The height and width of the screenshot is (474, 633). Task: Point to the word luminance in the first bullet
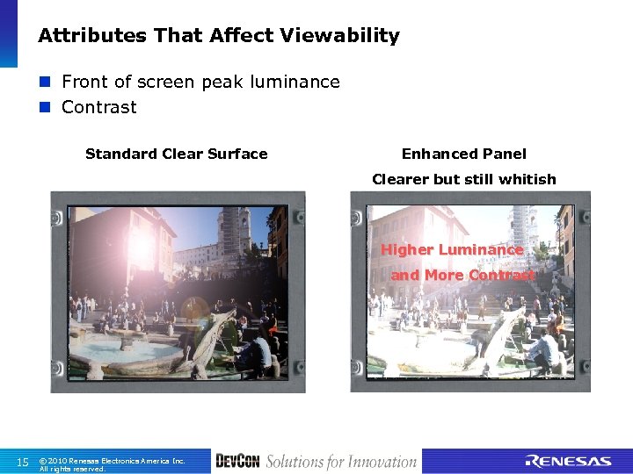tap(295, 82)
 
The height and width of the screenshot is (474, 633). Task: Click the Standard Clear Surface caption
tap(176, 154)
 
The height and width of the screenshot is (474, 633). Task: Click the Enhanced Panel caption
tap(463, 154)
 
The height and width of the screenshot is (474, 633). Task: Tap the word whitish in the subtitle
tap(524, 179)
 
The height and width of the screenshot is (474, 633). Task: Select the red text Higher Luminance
tap(451, 249)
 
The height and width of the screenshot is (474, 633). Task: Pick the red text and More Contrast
tap(462, 275)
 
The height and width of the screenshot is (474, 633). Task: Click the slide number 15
tap(24, 462)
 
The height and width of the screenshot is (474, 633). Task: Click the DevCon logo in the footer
tap(237, 462)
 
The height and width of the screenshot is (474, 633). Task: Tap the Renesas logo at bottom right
tap(568, 462)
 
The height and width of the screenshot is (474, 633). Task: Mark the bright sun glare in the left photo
tap(138, 248)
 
